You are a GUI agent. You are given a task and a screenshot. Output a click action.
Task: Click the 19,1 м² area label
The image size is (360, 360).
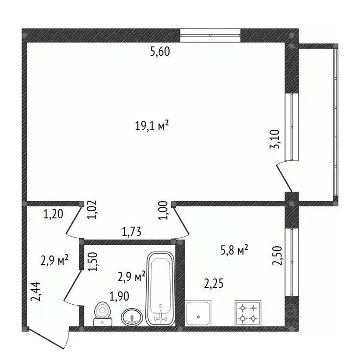tap(152, 126)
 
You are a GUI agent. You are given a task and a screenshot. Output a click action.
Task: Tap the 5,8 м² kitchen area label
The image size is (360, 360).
tap(234, 250)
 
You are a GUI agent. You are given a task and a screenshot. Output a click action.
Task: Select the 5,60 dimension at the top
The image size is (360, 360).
tap(160, 52)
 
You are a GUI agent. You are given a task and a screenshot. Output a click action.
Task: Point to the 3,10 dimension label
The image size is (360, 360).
tap(275, 139)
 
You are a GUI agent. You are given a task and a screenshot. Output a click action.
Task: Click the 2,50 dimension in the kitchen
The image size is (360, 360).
tap(277, 255)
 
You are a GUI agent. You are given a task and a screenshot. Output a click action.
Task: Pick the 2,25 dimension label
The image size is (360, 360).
tap(214, 284)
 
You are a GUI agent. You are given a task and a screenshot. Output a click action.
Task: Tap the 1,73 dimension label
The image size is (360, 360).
tap(131, 232)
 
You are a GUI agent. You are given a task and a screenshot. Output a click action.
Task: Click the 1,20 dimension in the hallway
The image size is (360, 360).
tap(53, 214)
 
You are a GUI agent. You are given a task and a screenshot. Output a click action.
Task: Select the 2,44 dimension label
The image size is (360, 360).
tap(36, 292)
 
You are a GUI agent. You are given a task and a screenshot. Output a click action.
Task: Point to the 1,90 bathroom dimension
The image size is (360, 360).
tap(119, 296)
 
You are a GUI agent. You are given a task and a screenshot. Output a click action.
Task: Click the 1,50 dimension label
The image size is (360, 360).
tap(94, 262)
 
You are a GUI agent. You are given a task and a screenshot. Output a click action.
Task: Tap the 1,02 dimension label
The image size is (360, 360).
tap(92, 210)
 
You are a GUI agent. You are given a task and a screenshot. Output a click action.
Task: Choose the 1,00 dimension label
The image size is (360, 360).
tap(164, 210)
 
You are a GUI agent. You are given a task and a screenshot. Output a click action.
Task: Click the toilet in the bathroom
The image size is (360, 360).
tap(103, 314)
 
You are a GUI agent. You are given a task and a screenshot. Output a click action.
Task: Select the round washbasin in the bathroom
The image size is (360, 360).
tap(132, 317)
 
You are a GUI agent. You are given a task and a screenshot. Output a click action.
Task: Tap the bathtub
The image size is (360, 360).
tap(160, 289)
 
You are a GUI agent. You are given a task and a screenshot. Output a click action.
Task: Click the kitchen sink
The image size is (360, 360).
tap(198, 313)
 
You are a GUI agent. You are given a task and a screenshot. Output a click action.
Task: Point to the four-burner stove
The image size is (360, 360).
tap(248, 313)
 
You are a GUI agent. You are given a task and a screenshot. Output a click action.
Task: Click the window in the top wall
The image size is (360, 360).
tap(210, 35)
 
